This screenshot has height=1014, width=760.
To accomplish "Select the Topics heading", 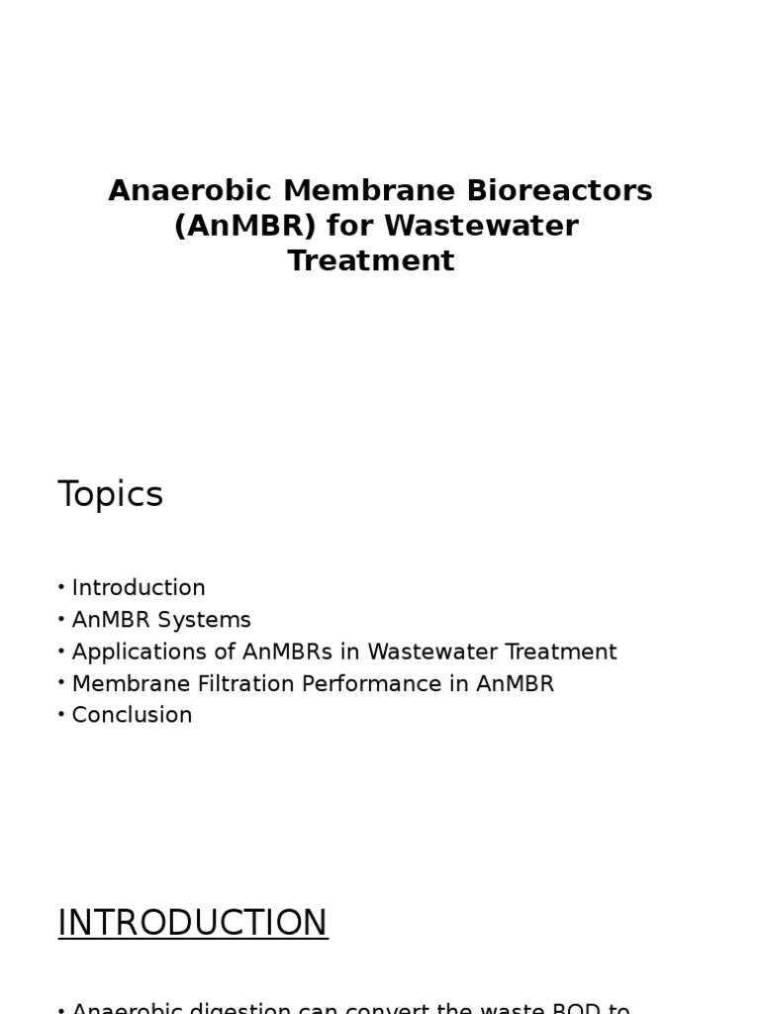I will (x=110, y=494).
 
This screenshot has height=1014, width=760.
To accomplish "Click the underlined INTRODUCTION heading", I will (x=192, y=923).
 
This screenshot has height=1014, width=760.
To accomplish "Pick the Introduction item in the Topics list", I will (x=139, y=588).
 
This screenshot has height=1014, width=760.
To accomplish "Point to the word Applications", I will (x=132, y=653).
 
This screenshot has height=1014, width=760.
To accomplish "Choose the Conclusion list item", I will (x=132, y=715).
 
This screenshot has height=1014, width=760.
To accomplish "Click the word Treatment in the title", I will (x=371, y=261).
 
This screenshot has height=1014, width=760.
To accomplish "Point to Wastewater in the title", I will (x=481, y=226).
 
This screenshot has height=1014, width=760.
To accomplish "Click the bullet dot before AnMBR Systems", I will (x=61, y=620).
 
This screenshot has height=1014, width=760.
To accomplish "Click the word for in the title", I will (x=351, y=226).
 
